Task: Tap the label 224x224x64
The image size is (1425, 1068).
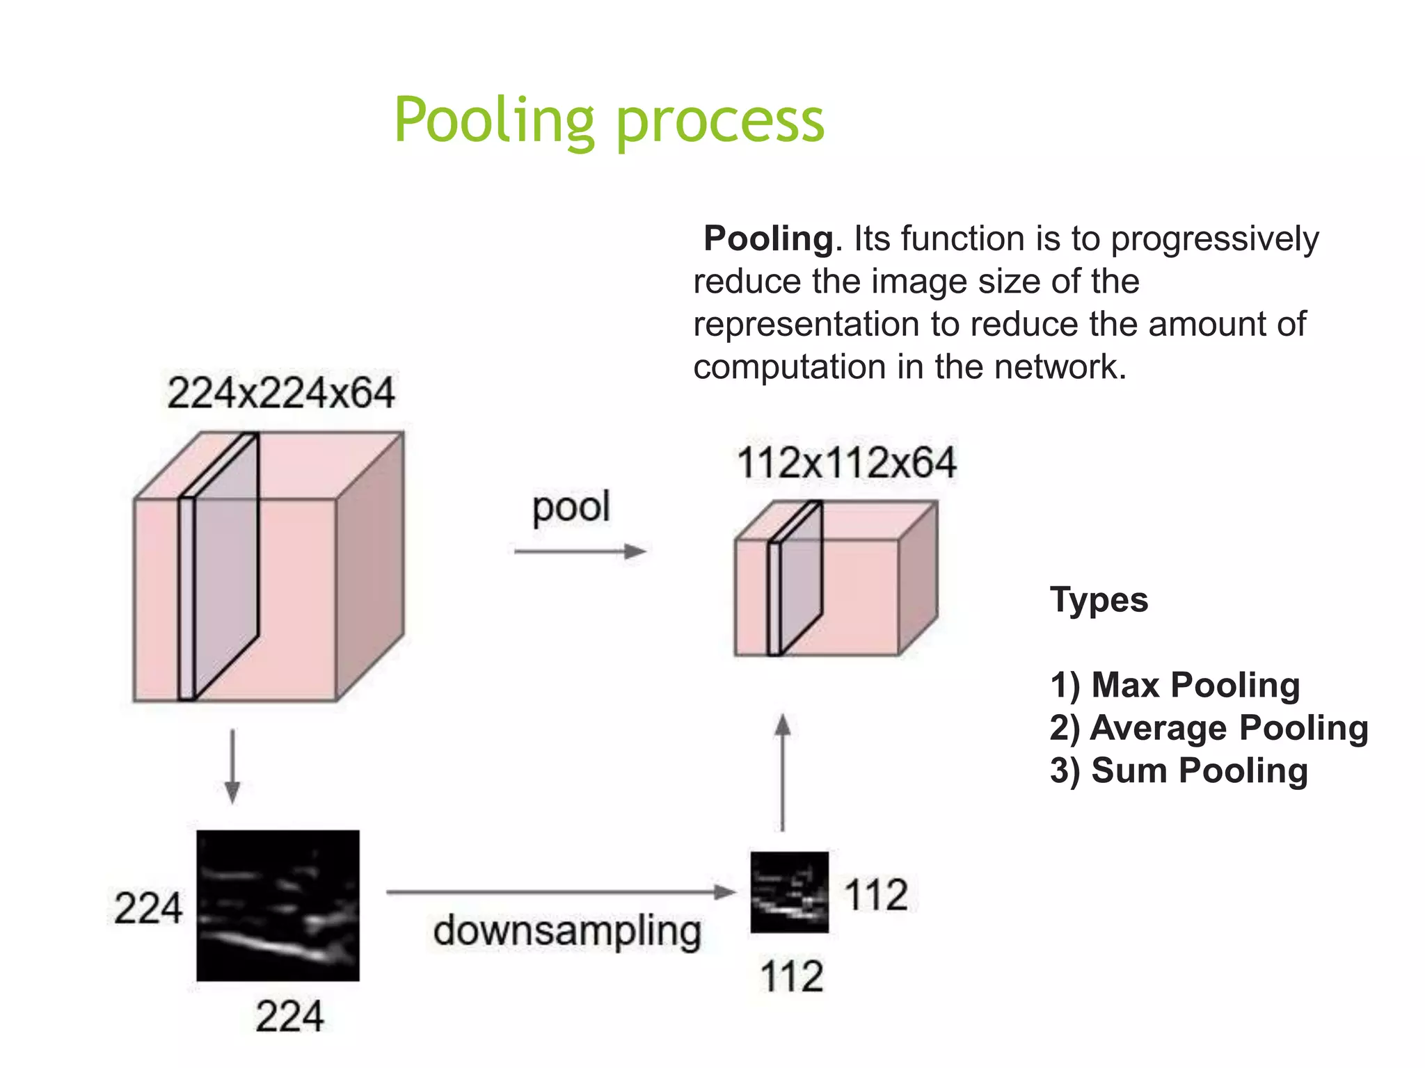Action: pyautogui.click(x=281, y=393)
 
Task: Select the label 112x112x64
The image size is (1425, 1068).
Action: pyautogui.click(x=846, y=463)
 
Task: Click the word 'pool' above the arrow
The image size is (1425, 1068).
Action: pyautogui.click(x=571, y=507)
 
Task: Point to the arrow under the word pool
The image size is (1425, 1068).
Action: pyautogui.click(x=580, y=552)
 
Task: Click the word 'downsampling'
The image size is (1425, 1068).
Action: pyautogui.click(x=567, y=931)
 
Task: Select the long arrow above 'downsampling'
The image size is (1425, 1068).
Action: pyautogui.click(x=560, y=892)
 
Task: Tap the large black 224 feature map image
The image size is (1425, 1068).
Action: pyautogui.click(x=278, y=905)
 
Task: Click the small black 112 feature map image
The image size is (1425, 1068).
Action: pyautogui.click(x=789, y=892)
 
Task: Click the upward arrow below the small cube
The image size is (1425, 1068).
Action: pyautogui.click(x=783, y=772)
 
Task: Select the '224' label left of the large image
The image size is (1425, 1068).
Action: pyautogui.click(x=148, y=908)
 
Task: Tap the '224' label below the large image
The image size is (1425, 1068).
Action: pyautogui.click(x=289, y=1017)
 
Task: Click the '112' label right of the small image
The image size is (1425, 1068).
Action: pyautogui.click(x=876, y=895)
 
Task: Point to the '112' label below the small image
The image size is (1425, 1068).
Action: pyautogui.click(x=792, y=976)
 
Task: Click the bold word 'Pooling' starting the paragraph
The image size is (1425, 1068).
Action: pyautogui.click(x=768, y=239)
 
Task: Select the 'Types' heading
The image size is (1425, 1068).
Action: pyautogui.click(x=1099, y=599)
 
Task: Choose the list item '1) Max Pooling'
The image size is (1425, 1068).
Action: pyautogui.click(x=1175, y=685)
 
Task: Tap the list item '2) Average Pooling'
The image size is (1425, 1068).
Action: pyautogui.click(x=1209, y=728)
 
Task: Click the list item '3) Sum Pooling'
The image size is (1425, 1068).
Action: pyautogui.click(x=1179, y=770)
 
